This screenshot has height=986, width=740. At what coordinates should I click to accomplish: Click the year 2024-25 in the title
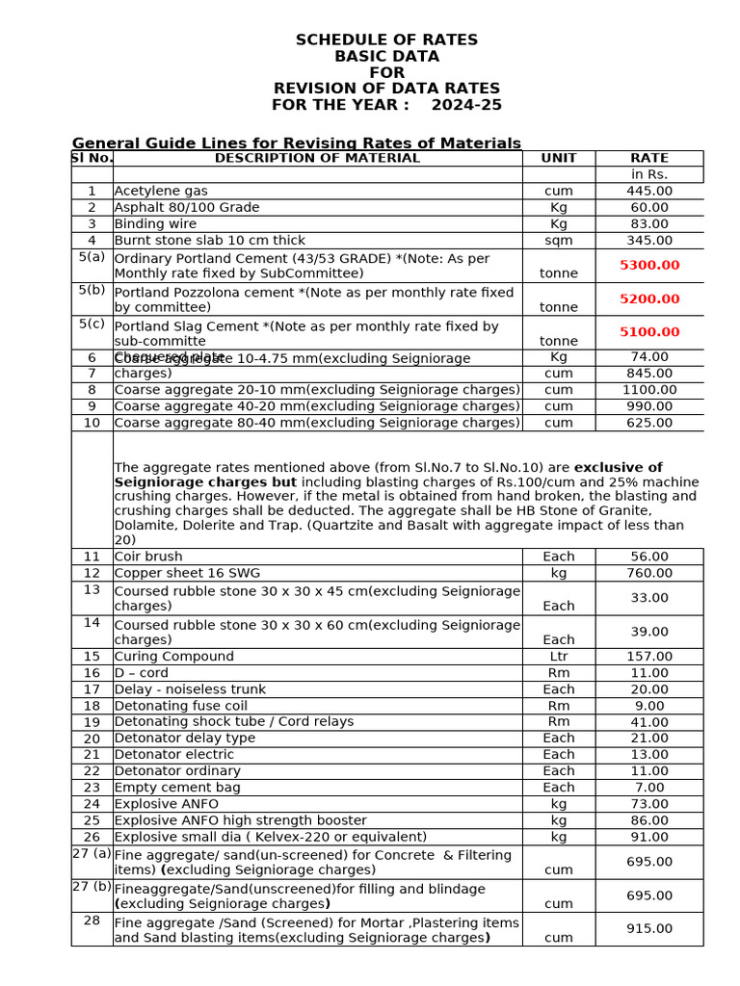coord(466,105)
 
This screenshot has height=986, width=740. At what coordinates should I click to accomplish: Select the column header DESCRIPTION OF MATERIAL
coord(317,158)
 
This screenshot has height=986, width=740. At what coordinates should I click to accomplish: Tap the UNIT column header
coord(559,158)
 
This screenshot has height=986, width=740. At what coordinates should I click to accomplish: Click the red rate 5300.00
coord(649,265)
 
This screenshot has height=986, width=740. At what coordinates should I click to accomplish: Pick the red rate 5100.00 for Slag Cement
coord(649,332)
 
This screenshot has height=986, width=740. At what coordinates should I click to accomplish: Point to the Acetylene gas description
coord(161,191)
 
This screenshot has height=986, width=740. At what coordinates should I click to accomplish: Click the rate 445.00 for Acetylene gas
coord(649,191)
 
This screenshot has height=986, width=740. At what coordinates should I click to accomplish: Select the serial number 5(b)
coord(92,290)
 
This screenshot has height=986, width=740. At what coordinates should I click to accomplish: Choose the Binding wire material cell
coord(156,223)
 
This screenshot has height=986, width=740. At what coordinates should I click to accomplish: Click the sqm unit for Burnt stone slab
coord(559,240)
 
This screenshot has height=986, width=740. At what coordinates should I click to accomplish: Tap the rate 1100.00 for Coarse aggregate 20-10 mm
coord(649,390)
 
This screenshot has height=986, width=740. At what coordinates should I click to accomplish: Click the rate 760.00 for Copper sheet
coord(649,573)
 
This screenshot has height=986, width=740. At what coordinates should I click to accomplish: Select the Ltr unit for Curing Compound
coord(559,657)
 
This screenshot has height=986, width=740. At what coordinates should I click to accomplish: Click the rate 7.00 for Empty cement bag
coord(649,787)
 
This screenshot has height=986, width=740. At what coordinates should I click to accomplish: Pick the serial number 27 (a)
coord(92,853)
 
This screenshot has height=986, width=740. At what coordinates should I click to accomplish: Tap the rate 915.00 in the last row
coord(649,928)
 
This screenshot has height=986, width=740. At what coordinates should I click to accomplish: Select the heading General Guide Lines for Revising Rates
coord(297,143)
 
